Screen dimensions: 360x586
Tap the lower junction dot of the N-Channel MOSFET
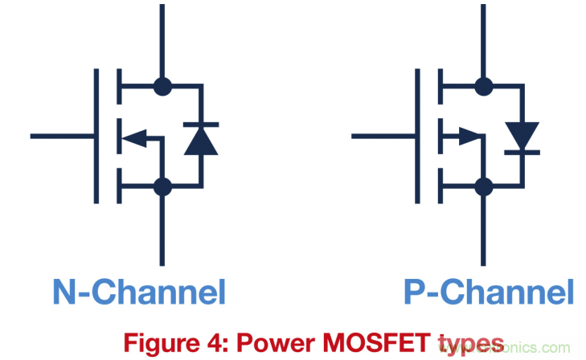pos(162,187)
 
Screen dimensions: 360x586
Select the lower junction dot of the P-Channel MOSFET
pos(483,187)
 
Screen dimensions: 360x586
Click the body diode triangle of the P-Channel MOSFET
pos(522,135)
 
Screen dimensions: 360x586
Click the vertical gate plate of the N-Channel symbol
pos(96,136)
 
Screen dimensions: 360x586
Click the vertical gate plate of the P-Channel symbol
pos(417,136)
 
